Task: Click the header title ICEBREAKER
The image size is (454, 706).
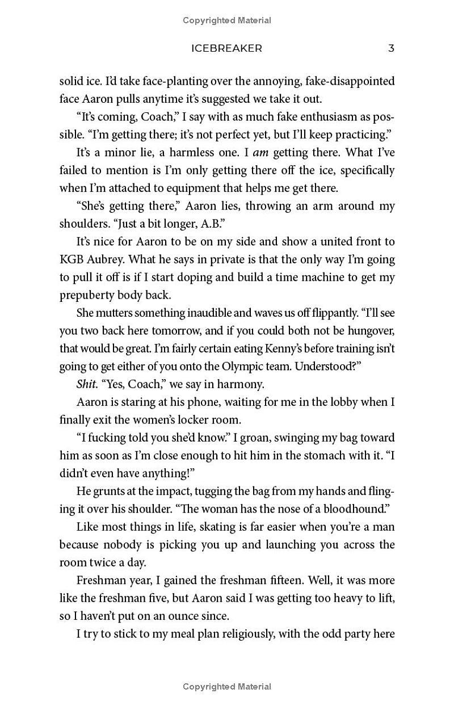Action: [x=227, y=48]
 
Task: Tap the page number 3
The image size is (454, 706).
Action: [x=391, y=48]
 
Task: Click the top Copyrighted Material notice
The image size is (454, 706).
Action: [x=227, y=20]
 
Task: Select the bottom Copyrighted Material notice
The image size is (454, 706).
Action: [x=227, y=687]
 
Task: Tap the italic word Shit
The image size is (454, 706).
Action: [x=87, y=384]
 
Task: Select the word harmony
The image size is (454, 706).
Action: [x=242, y=384]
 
